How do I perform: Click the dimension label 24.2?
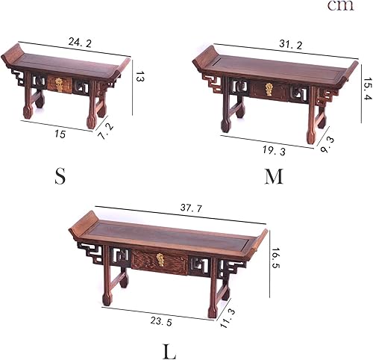pyautogui.click(x=80, y=43)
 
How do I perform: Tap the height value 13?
pyautogui.click(x=140, y=76)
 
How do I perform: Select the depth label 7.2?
pyautogui.click(x=106, y=131)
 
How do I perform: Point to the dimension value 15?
pyautogui.click(x=60, y=134)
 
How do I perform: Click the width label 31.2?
pyautogui.click(x=291, y=45)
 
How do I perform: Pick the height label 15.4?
pyautogui.click(x=368, y=88)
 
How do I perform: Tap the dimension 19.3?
pyautogui.click(x=274, y=151)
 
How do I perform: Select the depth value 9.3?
pyautogui.click(x=327, y=145)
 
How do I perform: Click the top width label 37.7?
pyautogui.click(x=192, y=208)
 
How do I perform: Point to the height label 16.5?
pyautogui.click(x=275, y=258)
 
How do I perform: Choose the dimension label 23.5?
pyautogui.click(x=161, y=322)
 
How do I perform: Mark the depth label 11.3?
pyautogui.click(x=228, y=318)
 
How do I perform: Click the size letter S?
pyautogui.click(x=60, y=176)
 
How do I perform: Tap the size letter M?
pyautogui.click(x=274, y=176)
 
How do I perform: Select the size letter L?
pyautogui.click(x=169, y=351)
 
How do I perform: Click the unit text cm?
pyautogui.click(x=340, y=6)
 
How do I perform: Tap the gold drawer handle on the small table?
pyautogui.click(x=59, y=84)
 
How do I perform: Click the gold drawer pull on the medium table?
pyautogui.click(x=269, y=89)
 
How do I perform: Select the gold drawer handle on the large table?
pyautogui.click(x=160, y=260)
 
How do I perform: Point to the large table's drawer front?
pyautogui.click(x=160, y=262)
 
